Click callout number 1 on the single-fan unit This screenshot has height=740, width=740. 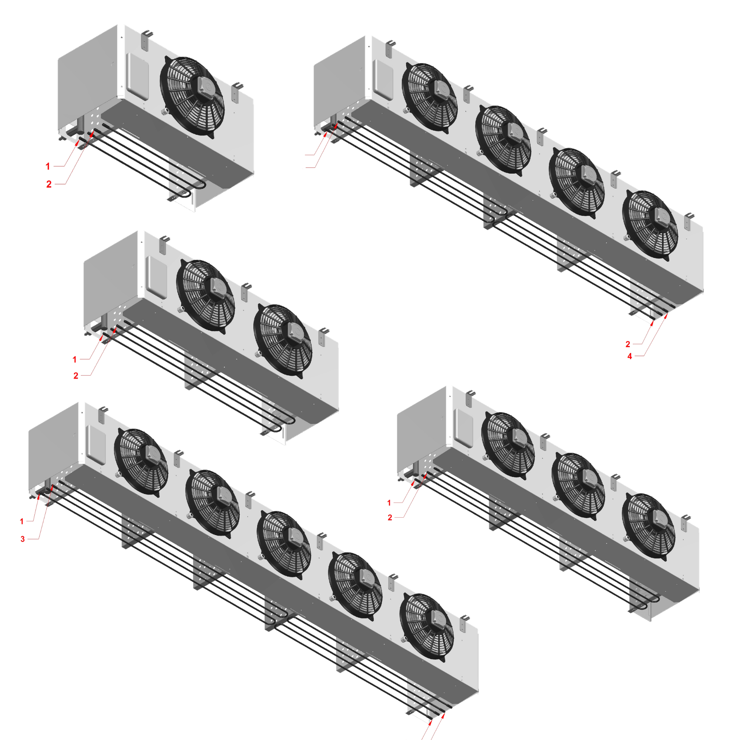pyautogui.click(x=48, y=166)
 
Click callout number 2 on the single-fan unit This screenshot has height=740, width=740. pyautogui.click(x=48, y=184)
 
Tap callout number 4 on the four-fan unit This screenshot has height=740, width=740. pyautogui.click(x=629, y=356)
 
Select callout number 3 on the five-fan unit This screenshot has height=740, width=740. pyautogui.click(x=23, y=539)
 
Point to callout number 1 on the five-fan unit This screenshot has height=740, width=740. pyautogui.click(x=22, y=521)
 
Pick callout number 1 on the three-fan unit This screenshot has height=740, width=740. pyautogui.click(x=389, y=502)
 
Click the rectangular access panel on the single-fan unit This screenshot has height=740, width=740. pyautogui.click(x=138, y=76)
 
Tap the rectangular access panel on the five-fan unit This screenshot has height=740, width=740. pyautogui.click(x=96, y=444)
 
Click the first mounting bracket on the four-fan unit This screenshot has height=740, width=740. pyautogui.click(x=390, y=48)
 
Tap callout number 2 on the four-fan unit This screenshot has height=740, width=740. pyautogui.click(x=628, y=344)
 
